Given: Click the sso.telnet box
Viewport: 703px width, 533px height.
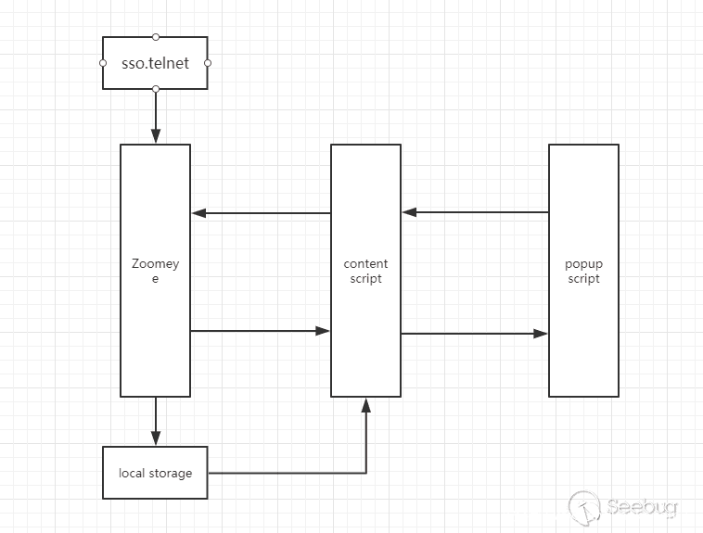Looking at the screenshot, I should click(x=155, y=64).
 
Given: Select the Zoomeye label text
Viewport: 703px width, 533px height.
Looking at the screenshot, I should click(x=155, y=271).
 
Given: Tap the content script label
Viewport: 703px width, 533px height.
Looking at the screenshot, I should click(x=366, y=271).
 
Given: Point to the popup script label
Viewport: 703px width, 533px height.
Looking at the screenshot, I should click(x=583, y=271).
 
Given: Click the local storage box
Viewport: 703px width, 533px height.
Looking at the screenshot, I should click(x=155, y=473).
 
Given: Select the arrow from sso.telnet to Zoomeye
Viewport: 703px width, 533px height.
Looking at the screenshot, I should click(x=156, y=116).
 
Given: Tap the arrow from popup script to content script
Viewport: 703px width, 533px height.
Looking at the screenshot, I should click(x=475, y=212).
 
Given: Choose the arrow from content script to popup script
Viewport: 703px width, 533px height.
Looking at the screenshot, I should click(x=475, y=334).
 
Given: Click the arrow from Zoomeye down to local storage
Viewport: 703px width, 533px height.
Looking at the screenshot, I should click(x=156, y=421).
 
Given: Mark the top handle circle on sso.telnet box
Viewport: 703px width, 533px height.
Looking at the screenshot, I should click(x=156, y=37).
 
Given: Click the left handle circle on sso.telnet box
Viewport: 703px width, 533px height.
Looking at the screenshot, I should click(x=103, y=63).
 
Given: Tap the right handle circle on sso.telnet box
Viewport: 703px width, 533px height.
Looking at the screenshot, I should click(x=208, y=63).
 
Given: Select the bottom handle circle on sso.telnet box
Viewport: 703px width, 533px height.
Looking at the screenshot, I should click(x=156, y=89).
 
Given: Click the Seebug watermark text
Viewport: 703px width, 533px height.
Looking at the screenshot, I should click(x=643, y=507).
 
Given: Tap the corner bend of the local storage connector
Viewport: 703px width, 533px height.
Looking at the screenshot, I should click(x=367, y=473).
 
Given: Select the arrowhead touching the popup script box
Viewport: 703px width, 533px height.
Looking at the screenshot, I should click(x=542, y=334).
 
